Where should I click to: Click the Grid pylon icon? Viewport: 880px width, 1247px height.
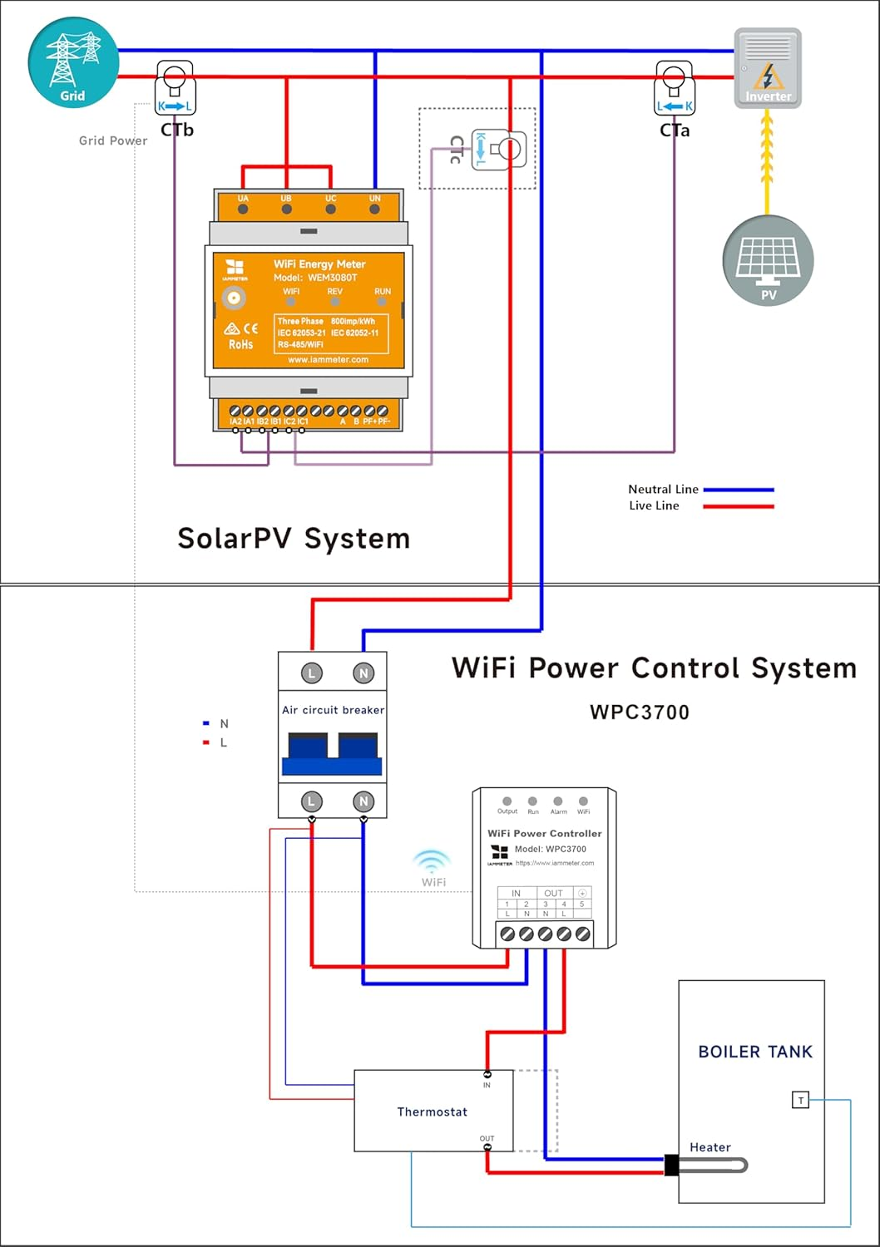point(73,63)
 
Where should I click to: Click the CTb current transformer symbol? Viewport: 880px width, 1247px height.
point(175,90)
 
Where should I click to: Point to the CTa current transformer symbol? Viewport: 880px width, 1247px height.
point(675,90)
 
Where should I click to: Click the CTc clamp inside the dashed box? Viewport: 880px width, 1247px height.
point(498,150)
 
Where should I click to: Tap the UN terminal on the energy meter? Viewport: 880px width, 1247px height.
point(374,208)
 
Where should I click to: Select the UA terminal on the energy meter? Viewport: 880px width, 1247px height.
point(243,208)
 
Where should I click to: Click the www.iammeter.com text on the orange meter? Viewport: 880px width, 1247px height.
point(328,360)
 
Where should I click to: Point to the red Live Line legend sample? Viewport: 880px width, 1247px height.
point(739,505)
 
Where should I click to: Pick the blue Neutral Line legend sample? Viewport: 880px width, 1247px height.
point(739,490)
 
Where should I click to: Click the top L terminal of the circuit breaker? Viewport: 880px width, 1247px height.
point(311,673)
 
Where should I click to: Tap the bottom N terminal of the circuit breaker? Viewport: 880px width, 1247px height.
point(363,801)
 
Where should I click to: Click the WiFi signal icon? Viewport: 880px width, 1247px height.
point(433,862)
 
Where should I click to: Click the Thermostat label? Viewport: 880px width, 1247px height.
point(432,1111)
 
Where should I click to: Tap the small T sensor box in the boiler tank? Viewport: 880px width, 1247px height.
point(800,1101)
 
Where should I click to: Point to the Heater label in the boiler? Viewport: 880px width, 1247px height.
point(709,1147)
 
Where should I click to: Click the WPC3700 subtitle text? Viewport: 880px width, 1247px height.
point(639,712)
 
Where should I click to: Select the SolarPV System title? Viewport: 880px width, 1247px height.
point(294,539)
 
